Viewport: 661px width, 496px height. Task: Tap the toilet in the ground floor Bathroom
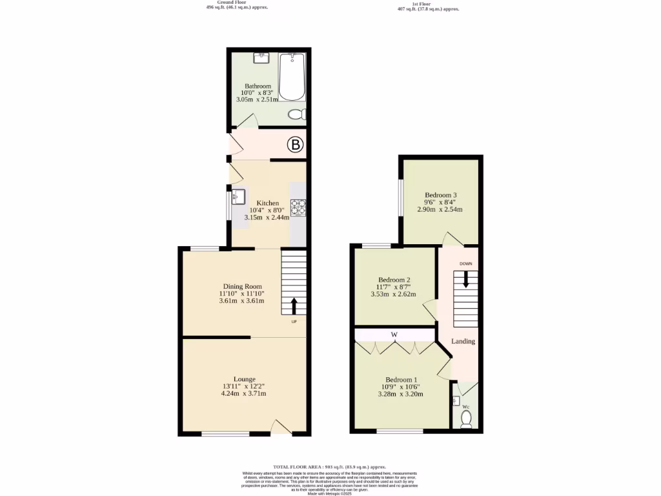[x=296, y=114]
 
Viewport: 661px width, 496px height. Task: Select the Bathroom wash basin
[x=262, y=58]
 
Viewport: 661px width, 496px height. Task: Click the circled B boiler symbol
[x=295, y=145]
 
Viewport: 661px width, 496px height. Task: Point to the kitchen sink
[x=238, y=196]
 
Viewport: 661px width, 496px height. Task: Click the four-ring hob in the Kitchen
[x=298, y=206]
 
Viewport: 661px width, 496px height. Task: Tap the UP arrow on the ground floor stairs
[x=294, y=305]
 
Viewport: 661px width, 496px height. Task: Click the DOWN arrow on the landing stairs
[x=465, y=280]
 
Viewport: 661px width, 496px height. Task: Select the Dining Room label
[x=242, y=287]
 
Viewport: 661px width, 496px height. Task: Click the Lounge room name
[x=244, y=379]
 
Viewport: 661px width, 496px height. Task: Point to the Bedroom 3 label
[x=441, y=195]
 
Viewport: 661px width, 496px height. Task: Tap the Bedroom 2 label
[x=394, y=280]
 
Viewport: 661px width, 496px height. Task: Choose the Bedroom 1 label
[x=401, y=380]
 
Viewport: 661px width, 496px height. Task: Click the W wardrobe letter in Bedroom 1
[x=393, y=335]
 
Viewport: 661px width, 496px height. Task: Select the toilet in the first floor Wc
[x=467, y=420]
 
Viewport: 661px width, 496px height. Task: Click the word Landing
[x=463, y=341]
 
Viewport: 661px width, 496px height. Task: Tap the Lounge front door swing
[x=280, y=427]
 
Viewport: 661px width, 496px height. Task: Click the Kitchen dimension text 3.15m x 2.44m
[x=267, y=218]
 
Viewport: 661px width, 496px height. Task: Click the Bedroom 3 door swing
[x=451, y=239]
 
